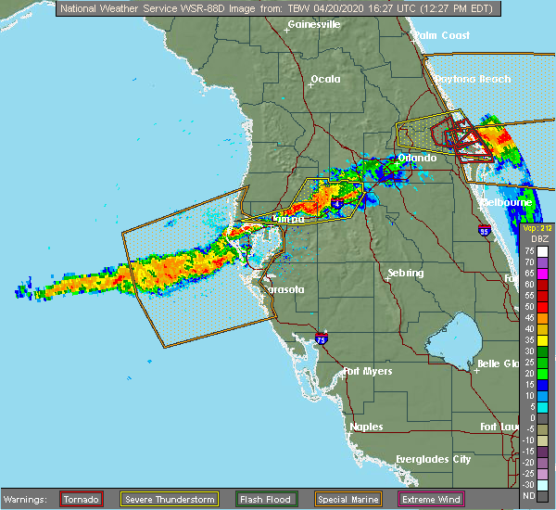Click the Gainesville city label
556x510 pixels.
click(314, 24)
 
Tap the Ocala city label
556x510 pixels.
click(325, 79)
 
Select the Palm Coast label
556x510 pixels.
click(442, 35)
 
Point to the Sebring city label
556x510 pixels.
click(405, 274)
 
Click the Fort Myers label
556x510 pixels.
click(367, 372)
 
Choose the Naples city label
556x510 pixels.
click(366, 427)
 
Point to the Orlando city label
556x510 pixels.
click(417, 159)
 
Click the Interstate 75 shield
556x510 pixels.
click(321, 339)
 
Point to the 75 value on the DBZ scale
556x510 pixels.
click(529, 250)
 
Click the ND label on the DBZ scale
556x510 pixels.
click(529, 496)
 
